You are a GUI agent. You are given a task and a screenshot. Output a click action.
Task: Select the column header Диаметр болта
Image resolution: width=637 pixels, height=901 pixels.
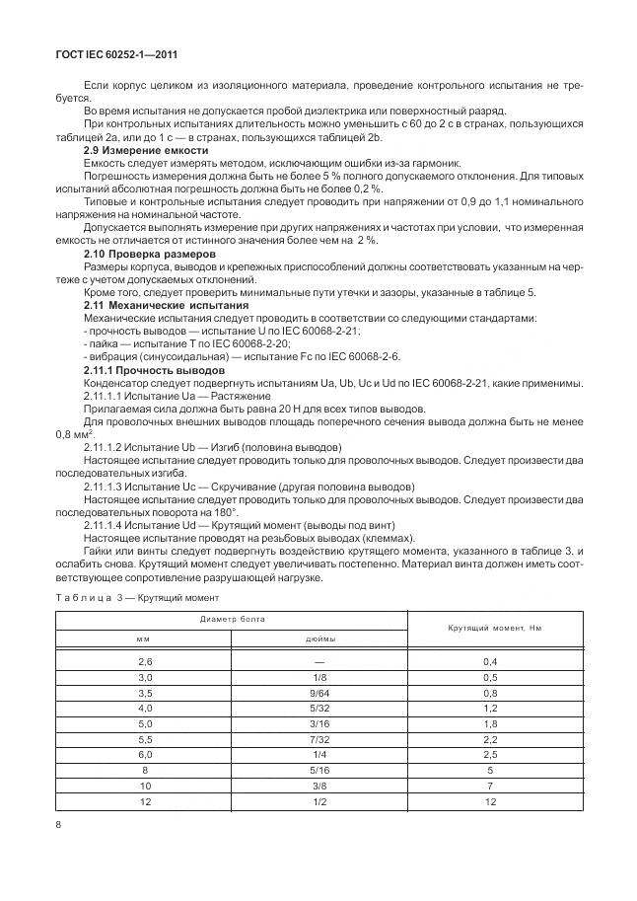coord(233,620)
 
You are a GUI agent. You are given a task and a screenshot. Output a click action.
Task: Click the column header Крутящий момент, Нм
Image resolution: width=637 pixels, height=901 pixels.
coord(495,629)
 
